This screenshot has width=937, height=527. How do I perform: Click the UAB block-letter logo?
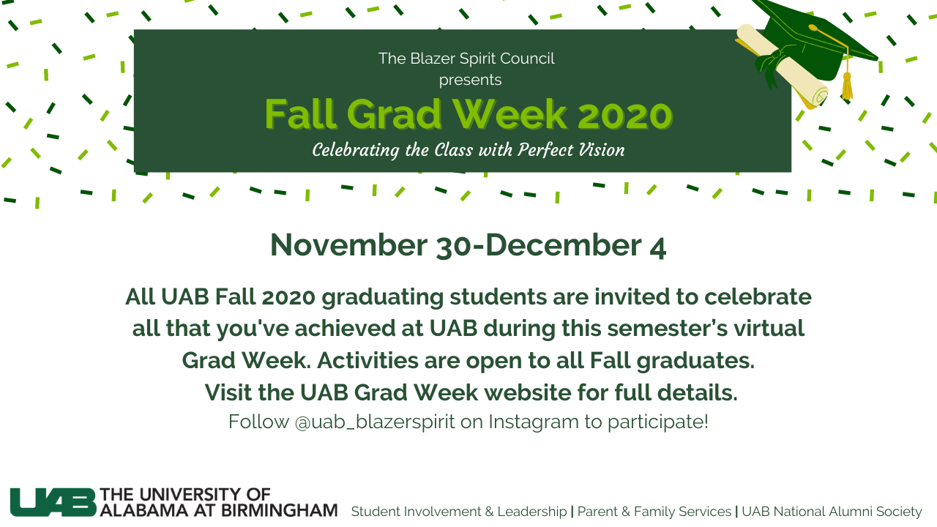pos(53,502)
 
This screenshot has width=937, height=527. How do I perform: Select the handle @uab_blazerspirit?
pos(375,422)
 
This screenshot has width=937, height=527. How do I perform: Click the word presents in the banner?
pos(470,79)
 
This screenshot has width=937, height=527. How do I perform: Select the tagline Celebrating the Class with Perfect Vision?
pos(468,150)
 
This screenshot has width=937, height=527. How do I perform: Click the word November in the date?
pos(348,245)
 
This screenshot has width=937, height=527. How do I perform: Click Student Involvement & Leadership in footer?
pos(459,512)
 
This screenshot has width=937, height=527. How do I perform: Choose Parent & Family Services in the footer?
pos(654,512)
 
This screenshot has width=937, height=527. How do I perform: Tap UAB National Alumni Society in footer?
pos(832,512)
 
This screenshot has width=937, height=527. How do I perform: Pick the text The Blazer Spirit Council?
pos(466,59)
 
